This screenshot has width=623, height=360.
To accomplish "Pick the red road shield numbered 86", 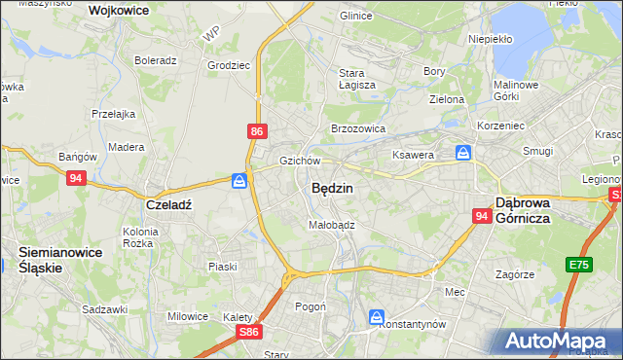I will [256, 130].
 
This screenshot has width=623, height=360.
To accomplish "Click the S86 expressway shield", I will [250, 332].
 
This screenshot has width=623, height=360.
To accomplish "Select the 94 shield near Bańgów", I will [76, 178].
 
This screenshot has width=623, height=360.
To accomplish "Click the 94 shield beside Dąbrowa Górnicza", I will [482, 217].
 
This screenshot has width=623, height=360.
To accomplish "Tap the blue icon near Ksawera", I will [464, 153].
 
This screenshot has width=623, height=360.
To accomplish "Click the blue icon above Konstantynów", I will [377, 316].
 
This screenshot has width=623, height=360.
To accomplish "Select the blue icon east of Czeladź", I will [239, 180].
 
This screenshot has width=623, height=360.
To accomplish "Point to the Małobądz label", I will [331, 224].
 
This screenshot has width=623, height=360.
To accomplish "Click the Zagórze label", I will [515, 274].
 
